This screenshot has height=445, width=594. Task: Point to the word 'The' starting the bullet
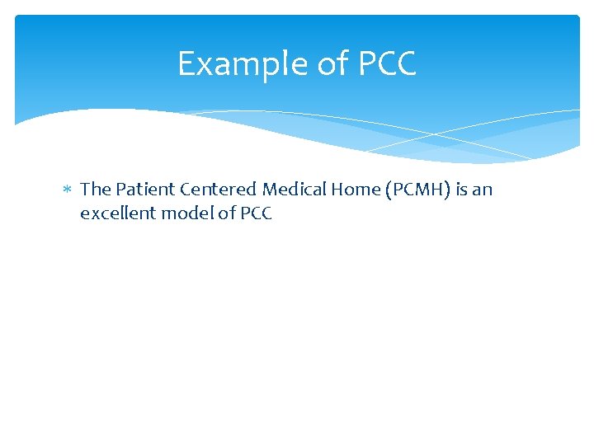click(95, 190)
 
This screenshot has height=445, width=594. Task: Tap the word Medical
click(294, 190)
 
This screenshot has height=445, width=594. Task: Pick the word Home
click(355, 190)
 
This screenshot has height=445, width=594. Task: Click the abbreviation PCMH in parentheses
click(416, 190)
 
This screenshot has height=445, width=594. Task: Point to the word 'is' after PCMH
click(462, 190)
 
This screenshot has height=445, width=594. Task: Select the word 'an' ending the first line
click(483, 190)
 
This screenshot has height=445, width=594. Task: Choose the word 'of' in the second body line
click(227, 214)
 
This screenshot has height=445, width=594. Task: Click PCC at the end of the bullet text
click(256, 214)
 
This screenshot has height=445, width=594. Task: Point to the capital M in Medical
click(271, 190)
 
